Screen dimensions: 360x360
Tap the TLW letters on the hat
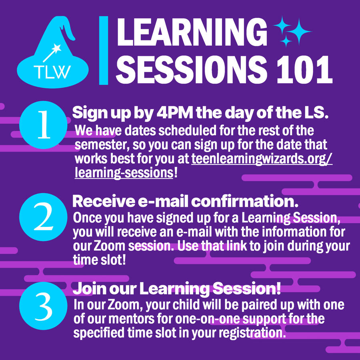click(52, 72)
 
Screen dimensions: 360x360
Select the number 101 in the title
click(304, 70)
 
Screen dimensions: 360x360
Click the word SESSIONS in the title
click(192, 70)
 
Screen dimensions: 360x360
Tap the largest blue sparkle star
click(298, 31)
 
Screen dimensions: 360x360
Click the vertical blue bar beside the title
click(104, 50)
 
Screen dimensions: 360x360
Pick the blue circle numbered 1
click(43, 125)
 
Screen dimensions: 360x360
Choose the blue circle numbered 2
click(43, 217)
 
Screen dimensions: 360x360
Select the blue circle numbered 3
click(43, 306)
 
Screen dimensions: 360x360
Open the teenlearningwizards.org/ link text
click(262, 159)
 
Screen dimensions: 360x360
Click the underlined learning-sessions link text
click(124, 173)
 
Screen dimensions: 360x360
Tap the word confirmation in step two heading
click(245, 201)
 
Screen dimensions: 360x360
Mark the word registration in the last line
click(252, 333)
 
